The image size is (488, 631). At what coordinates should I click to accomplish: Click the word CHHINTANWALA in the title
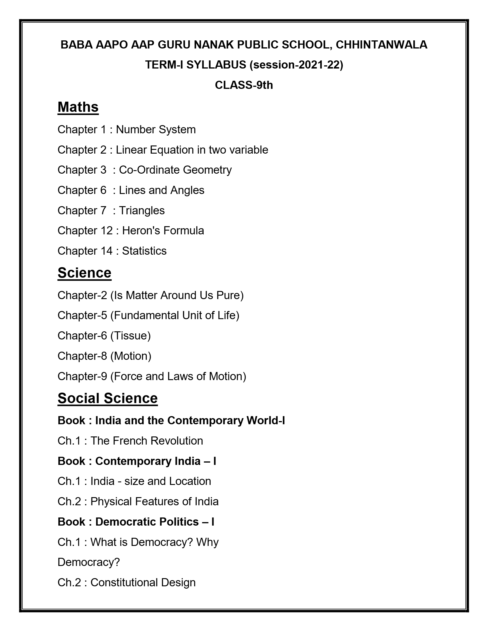point(381,45)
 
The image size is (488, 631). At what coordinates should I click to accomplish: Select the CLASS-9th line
point(244,85)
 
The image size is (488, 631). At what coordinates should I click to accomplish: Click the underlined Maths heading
point(78,107)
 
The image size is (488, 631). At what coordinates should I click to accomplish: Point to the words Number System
point(156,130)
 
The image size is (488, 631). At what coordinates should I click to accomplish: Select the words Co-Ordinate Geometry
point(175,170)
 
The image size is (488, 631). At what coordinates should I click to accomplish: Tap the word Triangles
point(142,211)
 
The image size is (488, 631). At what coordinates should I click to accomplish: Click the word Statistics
point(144,251)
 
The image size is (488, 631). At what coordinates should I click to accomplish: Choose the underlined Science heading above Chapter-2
point(84,273)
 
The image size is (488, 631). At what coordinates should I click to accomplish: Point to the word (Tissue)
point(130,336)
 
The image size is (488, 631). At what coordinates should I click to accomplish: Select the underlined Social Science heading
point(107,398)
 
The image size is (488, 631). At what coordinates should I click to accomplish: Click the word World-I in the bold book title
point(265,420)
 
